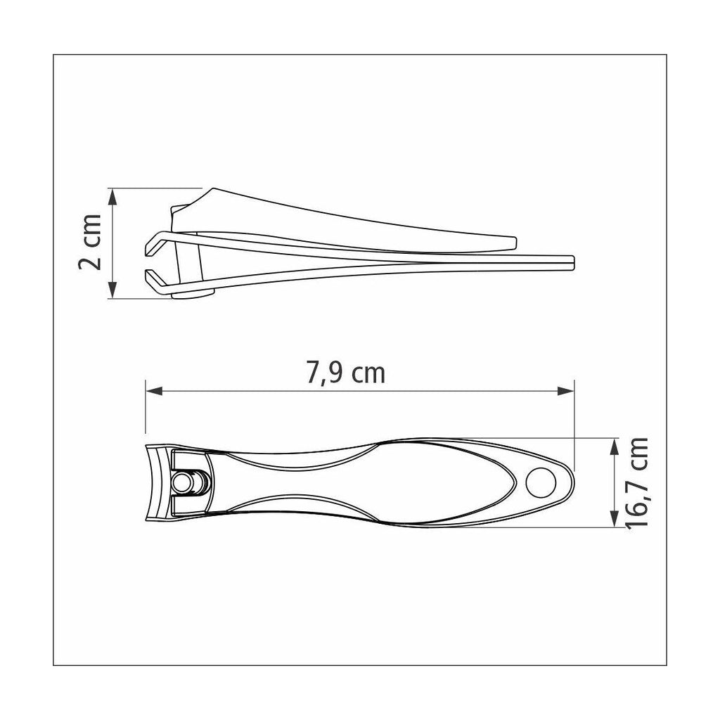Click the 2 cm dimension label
pos(90,242)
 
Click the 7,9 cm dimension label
pos(346,373)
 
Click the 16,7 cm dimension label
pos(637,483)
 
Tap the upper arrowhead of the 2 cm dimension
pos(112,197)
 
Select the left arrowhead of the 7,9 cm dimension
pos(154,391)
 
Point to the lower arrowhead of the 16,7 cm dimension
pos(614,519)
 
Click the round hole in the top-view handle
pos(541,483)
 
